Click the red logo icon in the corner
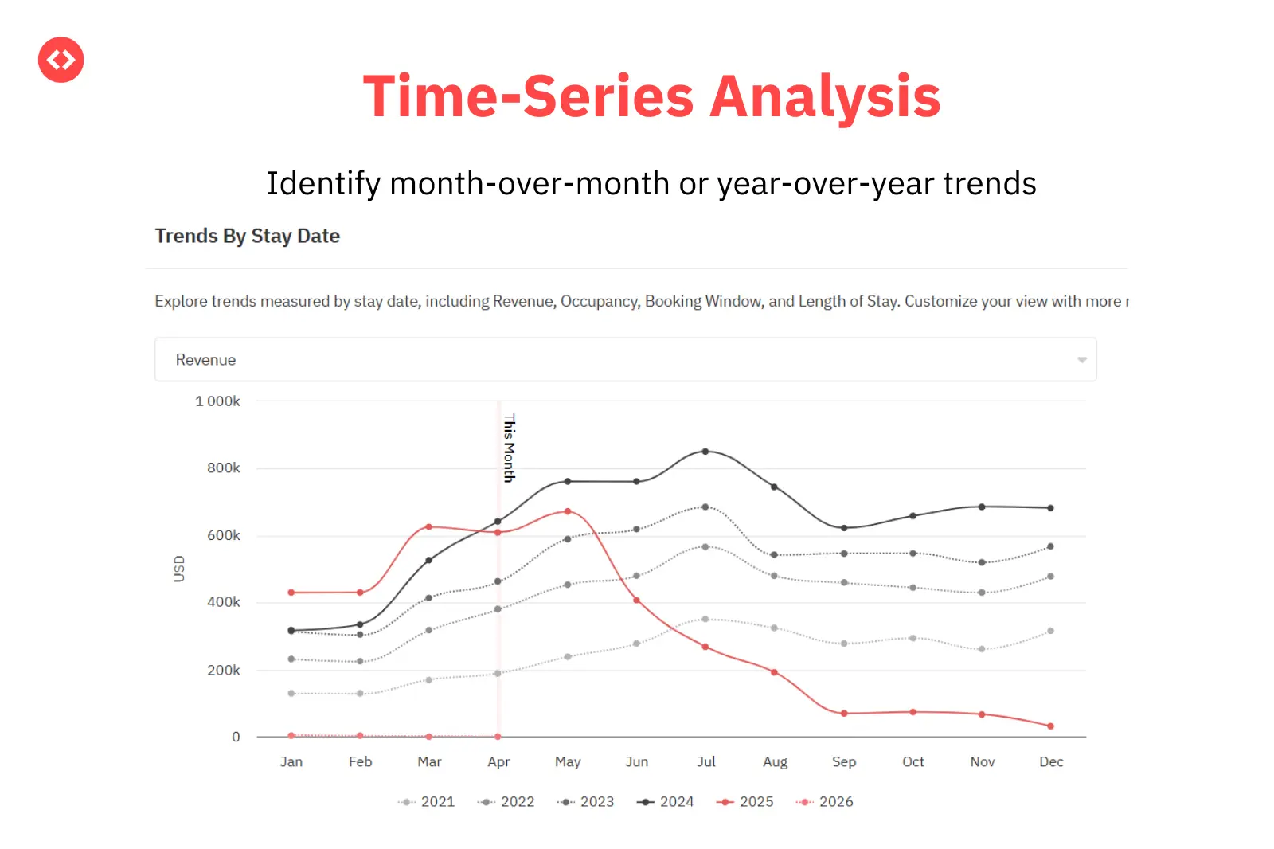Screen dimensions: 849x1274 point(61,60)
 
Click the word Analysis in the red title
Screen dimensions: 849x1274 point(824,97)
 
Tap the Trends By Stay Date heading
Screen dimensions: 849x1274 point(247,237)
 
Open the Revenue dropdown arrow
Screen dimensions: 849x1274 point(1081,360)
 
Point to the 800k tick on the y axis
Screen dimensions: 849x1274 point(223,468)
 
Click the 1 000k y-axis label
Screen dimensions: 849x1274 point(217,401)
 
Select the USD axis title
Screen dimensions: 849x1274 point(179,569)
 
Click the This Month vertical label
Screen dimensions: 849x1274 point(510,448)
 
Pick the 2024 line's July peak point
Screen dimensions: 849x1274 point(705,452)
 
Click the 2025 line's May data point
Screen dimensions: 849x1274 point(568,511)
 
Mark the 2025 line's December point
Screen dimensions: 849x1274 point(1051,726)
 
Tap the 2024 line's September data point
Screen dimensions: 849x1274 point(844,528)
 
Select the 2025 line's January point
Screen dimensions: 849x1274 point(291,593)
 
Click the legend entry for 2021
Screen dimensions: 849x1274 point(427,802)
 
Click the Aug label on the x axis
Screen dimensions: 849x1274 point(775,762)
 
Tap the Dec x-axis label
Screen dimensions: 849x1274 point(1051,762)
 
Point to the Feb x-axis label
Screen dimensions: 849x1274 point(360,762)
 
